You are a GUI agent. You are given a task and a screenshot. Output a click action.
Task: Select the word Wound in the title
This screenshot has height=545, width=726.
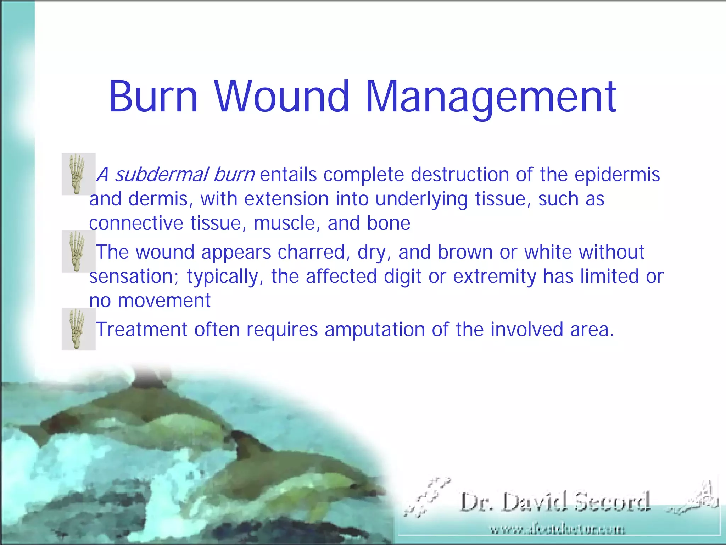point(282,97)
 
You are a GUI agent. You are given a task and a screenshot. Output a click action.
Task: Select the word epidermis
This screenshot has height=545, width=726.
point(617,175)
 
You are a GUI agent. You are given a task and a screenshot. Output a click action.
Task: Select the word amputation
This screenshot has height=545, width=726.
point(375,329)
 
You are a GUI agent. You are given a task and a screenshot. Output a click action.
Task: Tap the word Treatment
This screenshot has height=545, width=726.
point(141,329)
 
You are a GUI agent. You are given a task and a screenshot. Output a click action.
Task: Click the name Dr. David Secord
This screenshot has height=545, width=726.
point(555,502)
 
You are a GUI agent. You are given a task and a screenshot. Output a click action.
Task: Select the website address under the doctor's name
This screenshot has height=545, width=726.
point(557,530)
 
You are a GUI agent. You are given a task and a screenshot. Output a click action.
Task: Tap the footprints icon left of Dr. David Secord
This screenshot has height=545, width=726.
point(427,497)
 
